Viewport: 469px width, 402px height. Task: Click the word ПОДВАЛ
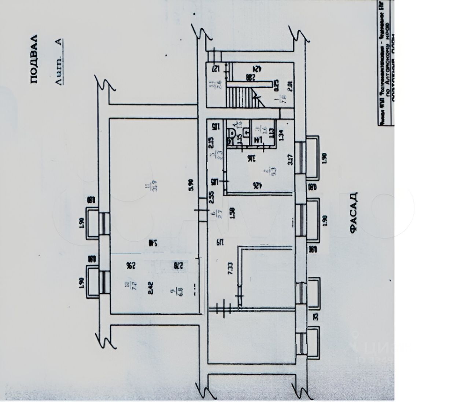34,59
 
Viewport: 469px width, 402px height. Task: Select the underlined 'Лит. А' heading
59,62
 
